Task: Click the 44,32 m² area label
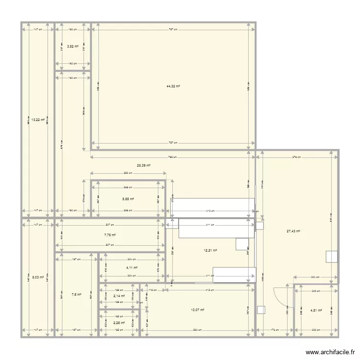point(173,86)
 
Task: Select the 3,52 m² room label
point(72,47)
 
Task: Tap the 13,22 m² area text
point(38,120)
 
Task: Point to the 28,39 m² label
point(144,165)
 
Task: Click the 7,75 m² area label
point(110,235)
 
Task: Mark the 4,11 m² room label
point(132,268)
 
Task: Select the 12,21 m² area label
point(211,250)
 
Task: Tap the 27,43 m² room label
point(293,231)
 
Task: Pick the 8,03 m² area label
point(38,277)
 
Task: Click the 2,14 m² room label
point(119,296)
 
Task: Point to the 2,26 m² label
point(119,323)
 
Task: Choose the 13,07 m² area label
point(198,310)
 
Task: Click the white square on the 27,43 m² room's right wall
point(331,256)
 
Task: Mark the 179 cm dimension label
point(274,330)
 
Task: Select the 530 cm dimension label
point(198,330)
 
